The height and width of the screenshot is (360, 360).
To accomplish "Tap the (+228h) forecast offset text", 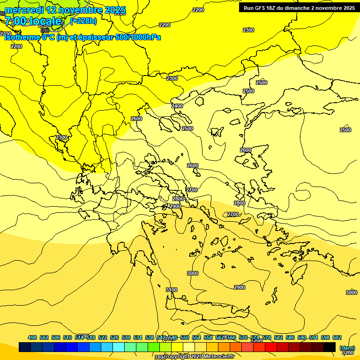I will point(83,21).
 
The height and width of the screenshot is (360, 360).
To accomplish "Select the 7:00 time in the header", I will point(16,21).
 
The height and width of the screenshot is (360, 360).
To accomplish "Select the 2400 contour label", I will point(177,106).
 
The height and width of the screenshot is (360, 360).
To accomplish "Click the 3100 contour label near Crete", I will point(172,290).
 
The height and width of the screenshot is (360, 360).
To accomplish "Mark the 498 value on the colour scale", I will point(32,337).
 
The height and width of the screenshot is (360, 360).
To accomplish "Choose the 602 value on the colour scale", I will point(337,337).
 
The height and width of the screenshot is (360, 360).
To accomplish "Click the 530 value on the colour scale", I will point(126,337).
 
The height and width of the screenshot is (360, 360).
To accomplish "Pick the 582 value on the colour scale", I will point(278,337).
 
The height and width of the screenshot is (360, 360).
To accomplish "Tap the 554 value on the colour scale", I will point(196,337).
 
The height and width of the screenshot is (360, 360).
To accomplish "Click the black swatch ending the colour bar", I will point(330,347).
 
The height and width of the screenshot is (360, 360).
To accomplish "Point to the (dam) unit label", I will point(347,347).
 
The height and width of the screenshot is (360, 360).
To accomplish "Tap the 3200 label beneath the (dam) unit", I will point(347,352).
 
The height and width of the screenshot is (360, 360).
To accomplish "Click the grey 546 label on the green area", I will point(45,30).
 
